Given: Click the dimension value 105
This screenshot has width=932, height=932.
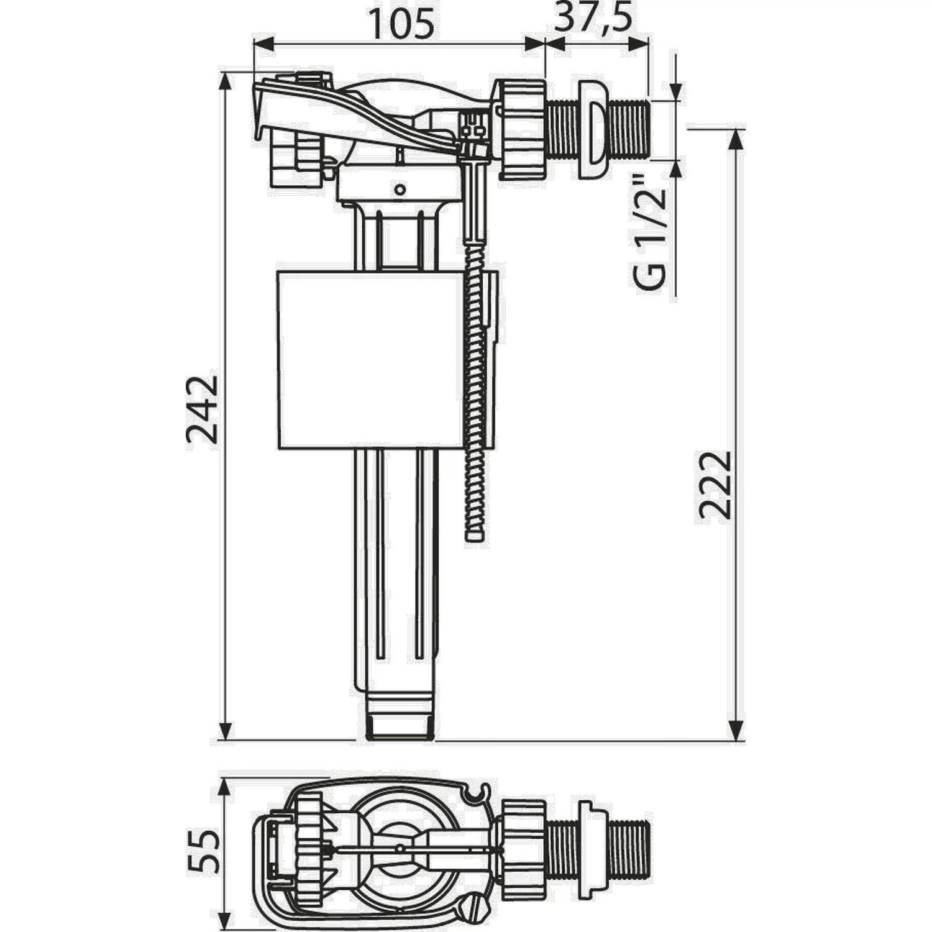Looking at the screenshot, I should (x=401, y=25).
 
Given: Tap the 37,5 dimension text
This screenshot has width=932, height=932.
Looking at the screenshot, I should (x=593, y=19).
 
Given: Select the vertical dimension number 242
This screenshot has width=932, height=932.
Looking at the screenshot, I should (x=203, y=409).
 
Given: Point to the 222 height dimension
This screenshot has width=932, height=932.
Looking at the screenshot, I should (x=715, y=485).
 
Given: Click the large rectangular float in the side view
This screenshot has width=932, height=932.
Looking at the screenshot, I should (x=370, y=359).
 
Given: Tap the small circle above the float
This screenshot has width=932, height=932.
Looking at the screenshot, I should (x=400, y=188).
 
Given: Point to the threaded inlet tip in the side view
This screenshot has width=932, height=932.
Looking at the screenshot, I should (x=631, y=129).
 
